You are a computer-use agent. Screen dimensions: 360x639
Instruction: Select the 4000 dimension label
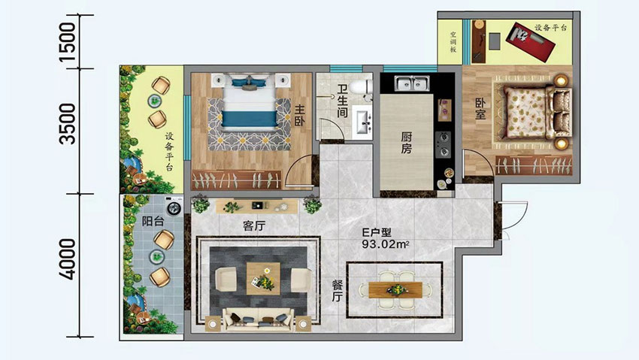click(67, 260)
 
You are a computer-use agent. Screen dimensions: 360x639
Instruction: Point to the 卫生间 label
click(343, 101)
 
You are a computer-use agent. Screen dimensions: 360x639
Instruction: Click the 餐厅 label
click(338, 289)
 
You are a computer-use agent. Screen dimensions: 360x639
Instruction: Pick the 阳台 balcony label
click(153, 222)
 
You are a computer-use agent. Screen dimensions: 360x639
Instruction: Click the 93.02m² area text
click(386, 244)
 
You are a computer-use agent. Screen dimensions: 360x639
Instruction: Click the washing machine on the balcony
click(174, 206)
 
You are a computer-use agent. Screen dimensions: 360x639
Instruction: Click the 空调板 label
click(453, 41)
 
